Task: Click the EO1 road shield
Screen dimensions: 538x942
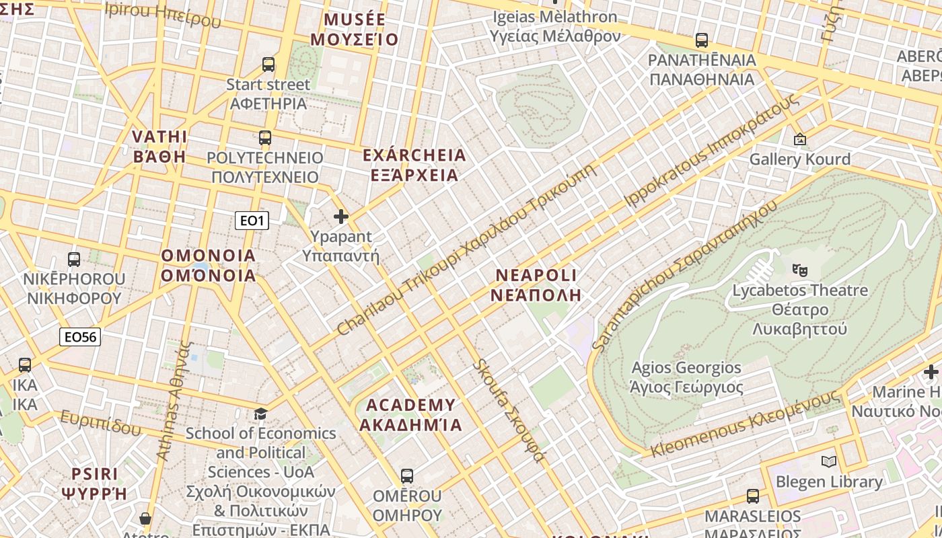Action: pyautogui.click(x=252, y=221)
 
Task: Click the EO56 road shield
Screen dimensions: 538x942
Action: pyautogui.click(x=80, y=337)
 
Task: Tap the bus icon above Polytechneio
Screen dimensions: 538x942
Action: pyautogui.click(x=265, y=138)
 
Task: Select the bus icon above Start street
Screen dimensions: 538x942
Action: pyautogui.click(x=268, y=65)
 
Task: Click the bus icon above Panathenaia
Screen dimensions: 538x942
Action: pyautogui.click(x=702, y=40)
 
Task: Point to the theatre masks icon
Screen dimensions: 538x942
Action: pyautogui.click(x=799, y=270)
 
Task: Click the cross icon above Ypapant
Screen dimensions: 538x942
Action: pyautogui.click(x=341, y=217)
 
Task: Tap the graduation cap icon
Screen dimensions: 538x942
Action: pyautogui.click(x=260, y=413)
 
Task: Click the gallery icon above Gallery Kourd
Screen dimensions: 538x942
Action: pyautogui.click(x=800, y=139)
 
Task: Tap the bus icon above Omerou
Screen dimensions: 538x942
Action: pyautogui.click(x=407, y=476)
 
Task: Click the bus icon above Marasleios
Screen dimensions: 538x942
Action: pyautogui.click(x=753, y=496)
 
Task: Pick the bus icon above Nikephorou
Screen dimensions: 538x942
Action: pyautogui.click(x=74, y=259)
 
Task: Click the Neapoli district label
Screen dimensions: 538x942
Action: pyautogui.click(x=536, y=285)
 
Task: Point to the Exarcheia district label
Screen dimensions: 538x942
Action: pyautogui.click(x=414, y=165)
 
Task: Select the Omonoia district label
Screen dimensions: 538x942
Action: pyautogui.click(x=209, y=265)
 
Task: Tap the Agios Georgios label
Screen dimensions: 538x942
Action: pyautogui.click(x=686, y=377)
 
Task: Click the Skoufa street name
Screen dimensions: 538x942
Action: pyautogui.click(x=509, y=410)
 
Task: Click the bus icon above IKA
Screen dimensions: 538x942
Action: pyautogui.click(x=25, y=365)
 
